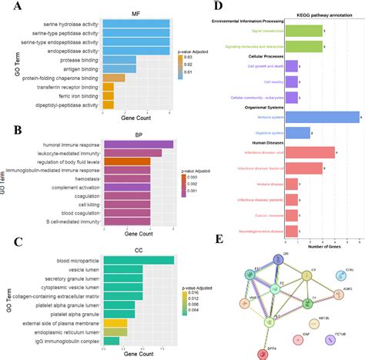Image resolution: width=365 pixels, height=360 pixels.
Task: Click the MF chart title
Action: point(136,13)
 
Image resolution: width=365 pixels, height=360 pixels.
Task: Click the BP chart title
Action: point(137,133)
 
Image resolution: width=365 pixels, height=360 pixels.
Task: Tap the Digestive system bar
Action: point(299,132)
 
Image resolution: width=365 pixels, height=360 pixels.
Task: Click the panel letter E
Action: point(220,239)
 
